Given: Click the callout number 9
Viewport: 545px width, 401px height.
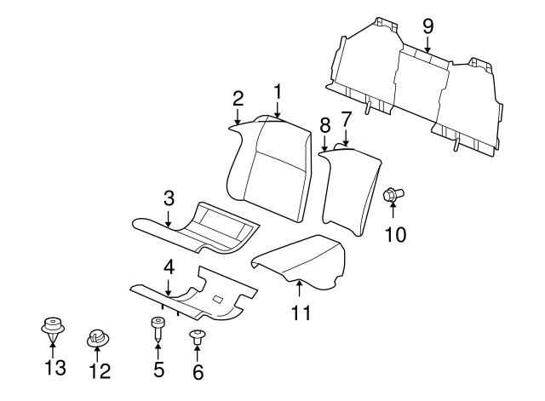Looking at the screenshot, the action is (427, 26).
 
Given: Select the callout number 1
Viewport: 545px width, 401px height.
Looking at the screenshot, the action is (278, 92).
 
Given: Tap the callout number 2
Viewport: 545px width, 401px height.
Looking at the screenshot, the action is (238, 99).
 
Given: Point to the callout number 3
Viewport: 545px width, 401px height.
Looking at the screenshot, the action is (169, 198).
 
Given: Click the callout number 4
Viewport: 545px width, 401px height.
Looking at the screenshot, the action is (169, 268).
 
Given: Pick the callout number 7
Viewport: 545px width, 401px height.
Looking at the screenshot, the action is (347, 119).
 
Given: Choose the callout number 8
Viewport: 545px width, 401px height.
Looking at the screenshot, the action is (324, 125).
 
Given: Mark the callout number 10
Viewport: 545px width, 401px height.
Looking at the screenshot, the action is (395, 234).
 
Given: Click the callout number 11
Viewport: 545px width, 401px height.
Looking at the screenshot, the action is (301, 312).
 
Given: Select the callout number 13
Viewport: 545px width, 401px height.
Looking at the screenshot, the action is (55, 367).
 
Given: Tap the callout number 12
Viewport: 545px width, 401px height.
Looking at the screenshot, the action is (100, 370).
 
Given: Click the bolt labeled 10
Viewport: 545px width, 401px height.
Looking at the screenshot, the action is (393, 195).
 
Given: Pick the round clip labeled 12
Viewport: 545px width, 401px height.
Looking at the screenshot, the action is (98, 338).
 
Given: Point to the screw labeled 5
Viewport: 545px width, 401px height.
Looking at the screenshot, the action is (158, 329).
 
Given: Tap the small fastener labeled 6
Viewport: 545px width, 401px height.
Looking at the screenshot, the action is (198, 337).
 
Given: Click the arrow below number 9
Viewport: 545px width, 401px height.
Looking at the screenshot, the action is (427, 44).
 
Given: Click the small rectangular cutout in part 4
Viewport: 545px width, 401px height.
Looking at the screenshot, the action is (218, 299).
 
